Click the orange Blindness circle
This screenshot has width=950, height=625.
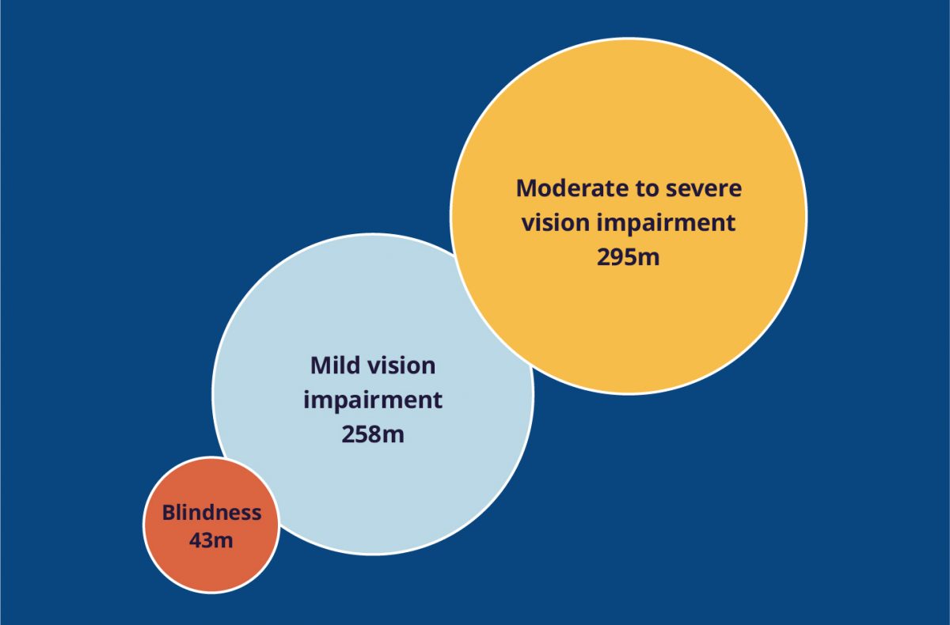[x=211, y=525]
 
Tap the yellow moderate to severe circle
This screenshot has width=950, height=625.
[x=629, y=216]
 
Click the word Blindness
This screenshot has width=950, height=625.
[x=211, y=513]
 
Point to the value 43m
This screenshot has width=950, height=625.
[x=211, y=540]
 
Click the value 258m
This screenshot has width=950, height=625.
[x=373, y=434]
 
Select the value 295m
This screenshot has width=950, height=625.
[x=628, y=257]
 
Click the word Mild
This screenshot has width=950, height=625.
[x=332, y=366]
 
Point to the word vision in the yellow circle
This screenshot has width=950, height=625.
[x=556, y=223]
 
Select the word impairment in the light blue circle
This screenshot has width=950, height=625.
[x=373, y=401]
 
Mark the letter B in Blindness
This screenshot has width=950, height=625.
[x=169, y=513]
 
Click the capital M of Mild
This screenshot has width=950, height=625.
[x=321, y=366]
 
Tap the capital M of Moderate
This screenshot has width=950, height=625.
[x=526, y=188]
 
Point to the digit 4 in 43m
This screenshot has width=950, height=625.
[x=196, y=540]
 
